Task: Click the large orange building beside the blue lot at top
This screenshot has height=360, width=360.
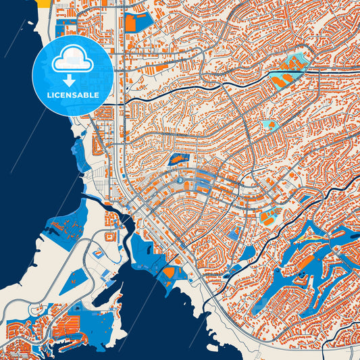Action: point(130,23)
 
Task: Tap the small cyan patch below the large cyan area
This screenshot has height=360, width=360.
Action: point(269,124)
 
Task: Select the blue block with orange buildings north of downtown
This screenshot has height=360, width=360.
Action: point(178,160)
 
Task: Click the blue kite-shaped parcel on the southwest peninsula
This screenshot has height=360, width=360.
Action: point(74,280)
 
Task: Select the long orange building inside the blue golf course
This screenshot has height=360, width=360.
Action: point(305,259)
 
